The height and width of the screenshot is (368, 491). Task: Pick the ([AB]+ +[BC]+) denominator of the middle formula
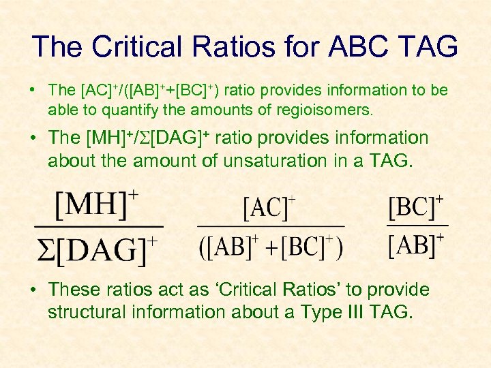pos(271,247)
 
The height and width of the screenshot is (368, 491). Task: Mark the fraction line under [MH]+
pos(98,226)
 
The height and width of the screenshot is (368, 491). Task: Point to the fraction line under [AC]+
pos(271,226)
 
